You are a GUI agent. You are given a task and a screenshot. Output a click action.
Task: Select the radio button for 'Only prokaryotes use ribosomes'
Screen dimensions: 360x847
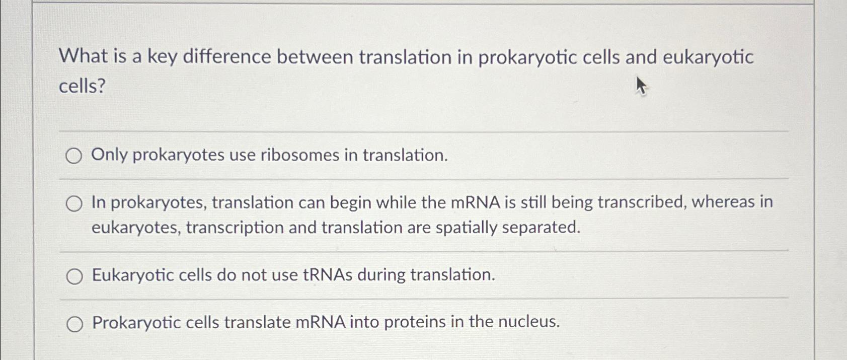pyautogui.click(x=73, y=157)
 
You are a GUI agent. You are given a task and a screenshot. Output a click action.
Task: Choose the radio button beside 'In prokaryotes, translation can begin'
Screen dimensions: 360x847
pyautogui.click(x=73, y=204)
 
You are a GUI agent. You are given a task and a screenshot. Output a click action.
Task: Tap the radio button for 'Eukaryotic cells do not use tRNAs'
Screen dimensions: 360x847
pyautogui.click(x=74, y=276)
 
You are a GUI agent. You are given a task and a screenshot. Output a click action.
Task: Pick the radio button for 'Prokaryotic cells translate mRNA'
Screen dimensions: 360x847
pyautogui.click(x=74, y=324)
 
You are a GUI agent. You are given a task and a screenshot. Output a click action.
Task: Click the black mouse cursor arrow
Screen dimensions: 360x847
pyautogui.click(x=640, y=86)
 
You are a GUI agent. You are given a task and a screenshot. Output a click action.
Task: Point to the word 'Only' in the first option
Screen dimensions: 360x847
pyautogui.click(x=109, y=155)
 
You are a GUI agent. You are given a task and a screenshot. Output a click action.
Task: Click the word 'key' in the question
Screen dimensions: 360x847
pyautogui.click(x=162, y=57)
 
